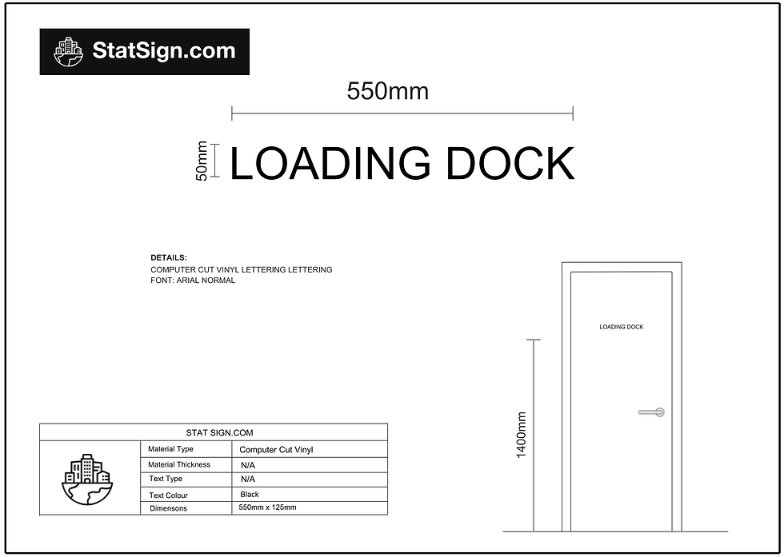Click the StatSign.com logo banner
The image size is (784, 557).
[145, 51]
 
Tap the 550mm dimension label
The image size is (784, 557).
[388, 91]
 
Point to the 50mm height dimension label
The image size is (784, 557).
[202, 161]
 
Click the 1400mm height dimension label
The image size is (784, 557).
[521, 435]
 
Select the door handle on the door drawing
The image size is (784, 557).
[652, 412]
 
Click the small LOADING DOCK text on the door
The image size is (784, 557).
[622, 327]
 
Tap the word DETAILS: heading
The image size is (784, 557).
[169, 258]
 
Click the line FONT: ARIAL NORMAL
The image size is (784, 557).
[193, 280]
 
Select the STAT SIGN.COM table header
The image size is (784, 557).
[219, 432]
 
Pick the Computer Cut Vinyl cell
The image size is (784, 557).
[276, 450]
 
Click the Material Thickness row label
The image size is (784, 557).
[179, 464]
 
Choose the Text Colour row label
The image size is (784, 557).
[169, 495]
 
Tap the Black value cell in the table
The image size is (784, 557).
[250, 494]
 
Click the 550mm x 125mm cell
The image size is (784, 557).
[267, 507]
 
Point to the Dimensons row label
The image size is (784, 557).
[169, 508]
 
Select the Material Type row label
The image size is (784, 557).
[170, 449]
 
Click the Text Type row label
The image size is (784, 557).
[166, 479]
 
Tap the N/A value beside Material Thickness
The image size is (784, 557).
[248, 465]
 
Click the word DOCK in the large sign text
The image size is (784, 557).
[510, 163]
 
